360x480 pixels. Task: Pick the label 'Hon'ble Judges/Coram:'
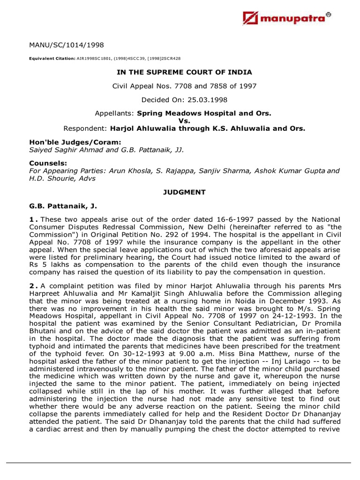click(62, 142)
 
